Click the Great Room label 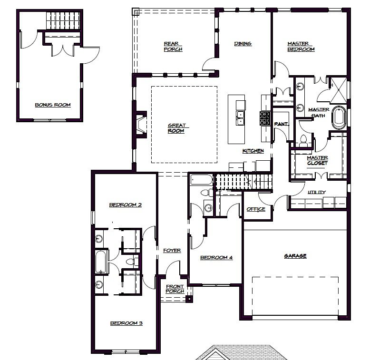tap(176, 128)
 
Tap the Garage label tap(295, 256)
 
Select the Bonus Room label tap(53, 105)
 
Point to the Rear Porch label tap(173, 47)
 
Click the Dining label tap(243, 44)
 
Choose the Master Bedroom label tap(301, 47)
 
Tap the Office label tap(256, 209)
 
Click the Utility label tap(317, 192)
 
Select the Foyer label tap(172, 250)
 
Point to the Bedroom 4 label tap(216, 257)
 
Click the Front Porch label tap(175, 289)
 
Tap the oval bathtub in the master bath tap(339, 117)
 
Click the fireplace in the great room tap(141, 124)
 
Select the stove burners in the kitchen tap(265, 118)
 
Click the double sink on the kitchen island tap(240, 118)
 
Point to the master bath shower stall tap(339, 90)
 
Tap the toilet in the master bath tap(303, 141)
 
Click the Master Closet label tap(317, 160)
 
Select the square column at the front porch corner tap(189, 299)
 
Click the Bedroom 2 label tap(126, 205)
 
